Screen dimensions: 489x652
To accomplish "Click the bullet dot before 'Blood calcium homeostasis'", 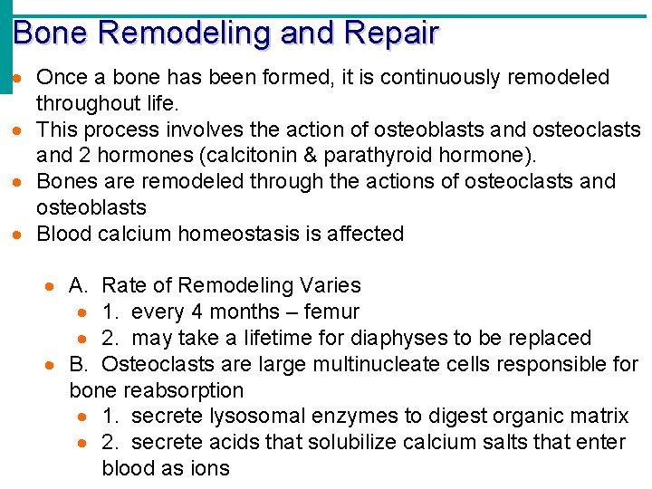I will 19,235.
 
